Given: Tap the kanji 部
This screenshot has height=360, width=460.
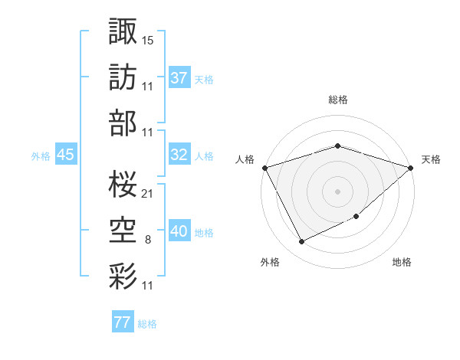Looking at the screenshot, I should [122, 122].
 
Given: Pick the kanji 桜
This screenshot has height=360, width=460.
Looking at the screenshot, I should [122, 182].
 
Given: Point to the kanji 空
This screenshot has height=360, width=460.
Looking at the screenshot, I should [122, 230].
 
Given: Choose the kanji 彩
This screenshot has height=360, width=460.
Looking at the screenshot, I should [122, 275].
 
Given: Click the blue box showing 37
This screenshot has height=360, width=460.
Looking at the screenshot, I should [179, 78].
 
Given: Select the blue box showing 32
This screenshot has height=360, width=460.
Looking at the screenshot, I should [179, 155].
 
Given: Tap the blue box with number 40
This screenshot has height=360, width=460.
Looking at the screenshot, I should [179, 231].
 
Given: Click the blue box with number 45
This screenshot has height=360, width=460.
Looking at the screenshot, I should [65, 155].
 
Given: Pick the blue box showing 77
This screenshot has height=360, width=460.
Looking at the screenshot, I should [122, 322].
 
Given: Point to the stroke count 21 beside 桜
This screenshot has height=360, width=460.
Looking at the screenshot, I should [148, 193].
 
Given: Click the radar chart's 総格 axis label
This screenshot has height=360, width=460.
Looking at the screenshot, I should [337, 100].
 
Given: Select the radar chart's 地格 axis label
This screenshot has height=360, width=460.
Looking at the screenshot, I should [402, 262].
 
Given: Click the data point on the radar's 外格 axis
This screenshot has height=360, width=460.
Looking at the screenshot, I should [301, 242].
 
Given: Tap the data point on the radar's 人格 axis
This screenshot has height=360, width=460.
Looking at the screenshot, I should [264, 167].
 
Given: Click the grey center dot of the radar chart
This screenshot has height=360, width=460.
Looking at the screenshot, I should [337, 191].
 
